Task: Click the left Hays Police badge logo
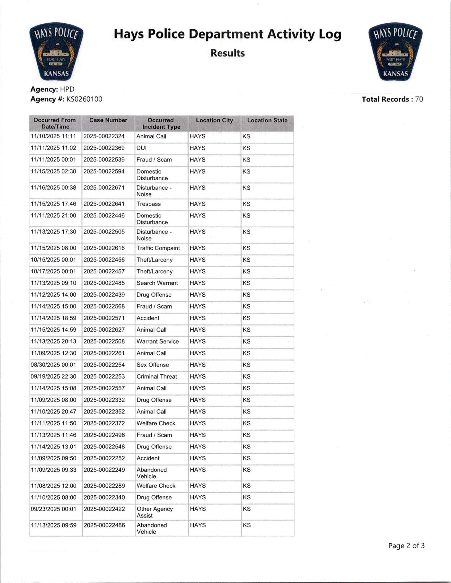pyautogui.click(x=56, y=51)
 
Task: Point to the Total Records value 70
pyautogui.click(x=419, y=99)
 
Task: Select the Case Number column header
pyautogui.click(x=108, y=120)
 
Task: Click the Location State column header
pyautogui.click(x=267, y=120)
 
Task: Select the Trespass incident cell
pyautogui.click(x=148, y=204)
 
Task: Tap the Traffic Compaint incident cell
pyautogui.click(x=158, y=248)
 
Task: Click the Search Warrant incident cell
pyautogui.click(x=157, y=283)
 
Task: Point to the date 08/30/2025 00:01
pyautogui.click(x=53, y=365)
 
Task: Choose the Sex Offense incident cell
pyautogui.click(x=153, y=365)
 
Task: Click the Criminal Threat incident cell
pyautogui.click(x=157, y=376)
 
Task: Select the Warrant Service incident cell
pyautogui.click(x=157, y=341)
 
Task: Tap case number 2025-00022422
pyautogui.click(x=104, y=509)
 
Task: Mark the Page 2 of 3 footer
pyautogui.click(x=406, y=546)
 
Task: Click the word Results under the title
pyautogui.click(x=227, y=53)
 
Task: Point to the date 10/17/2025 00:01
pyautogui.click(x=53, y=271)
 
